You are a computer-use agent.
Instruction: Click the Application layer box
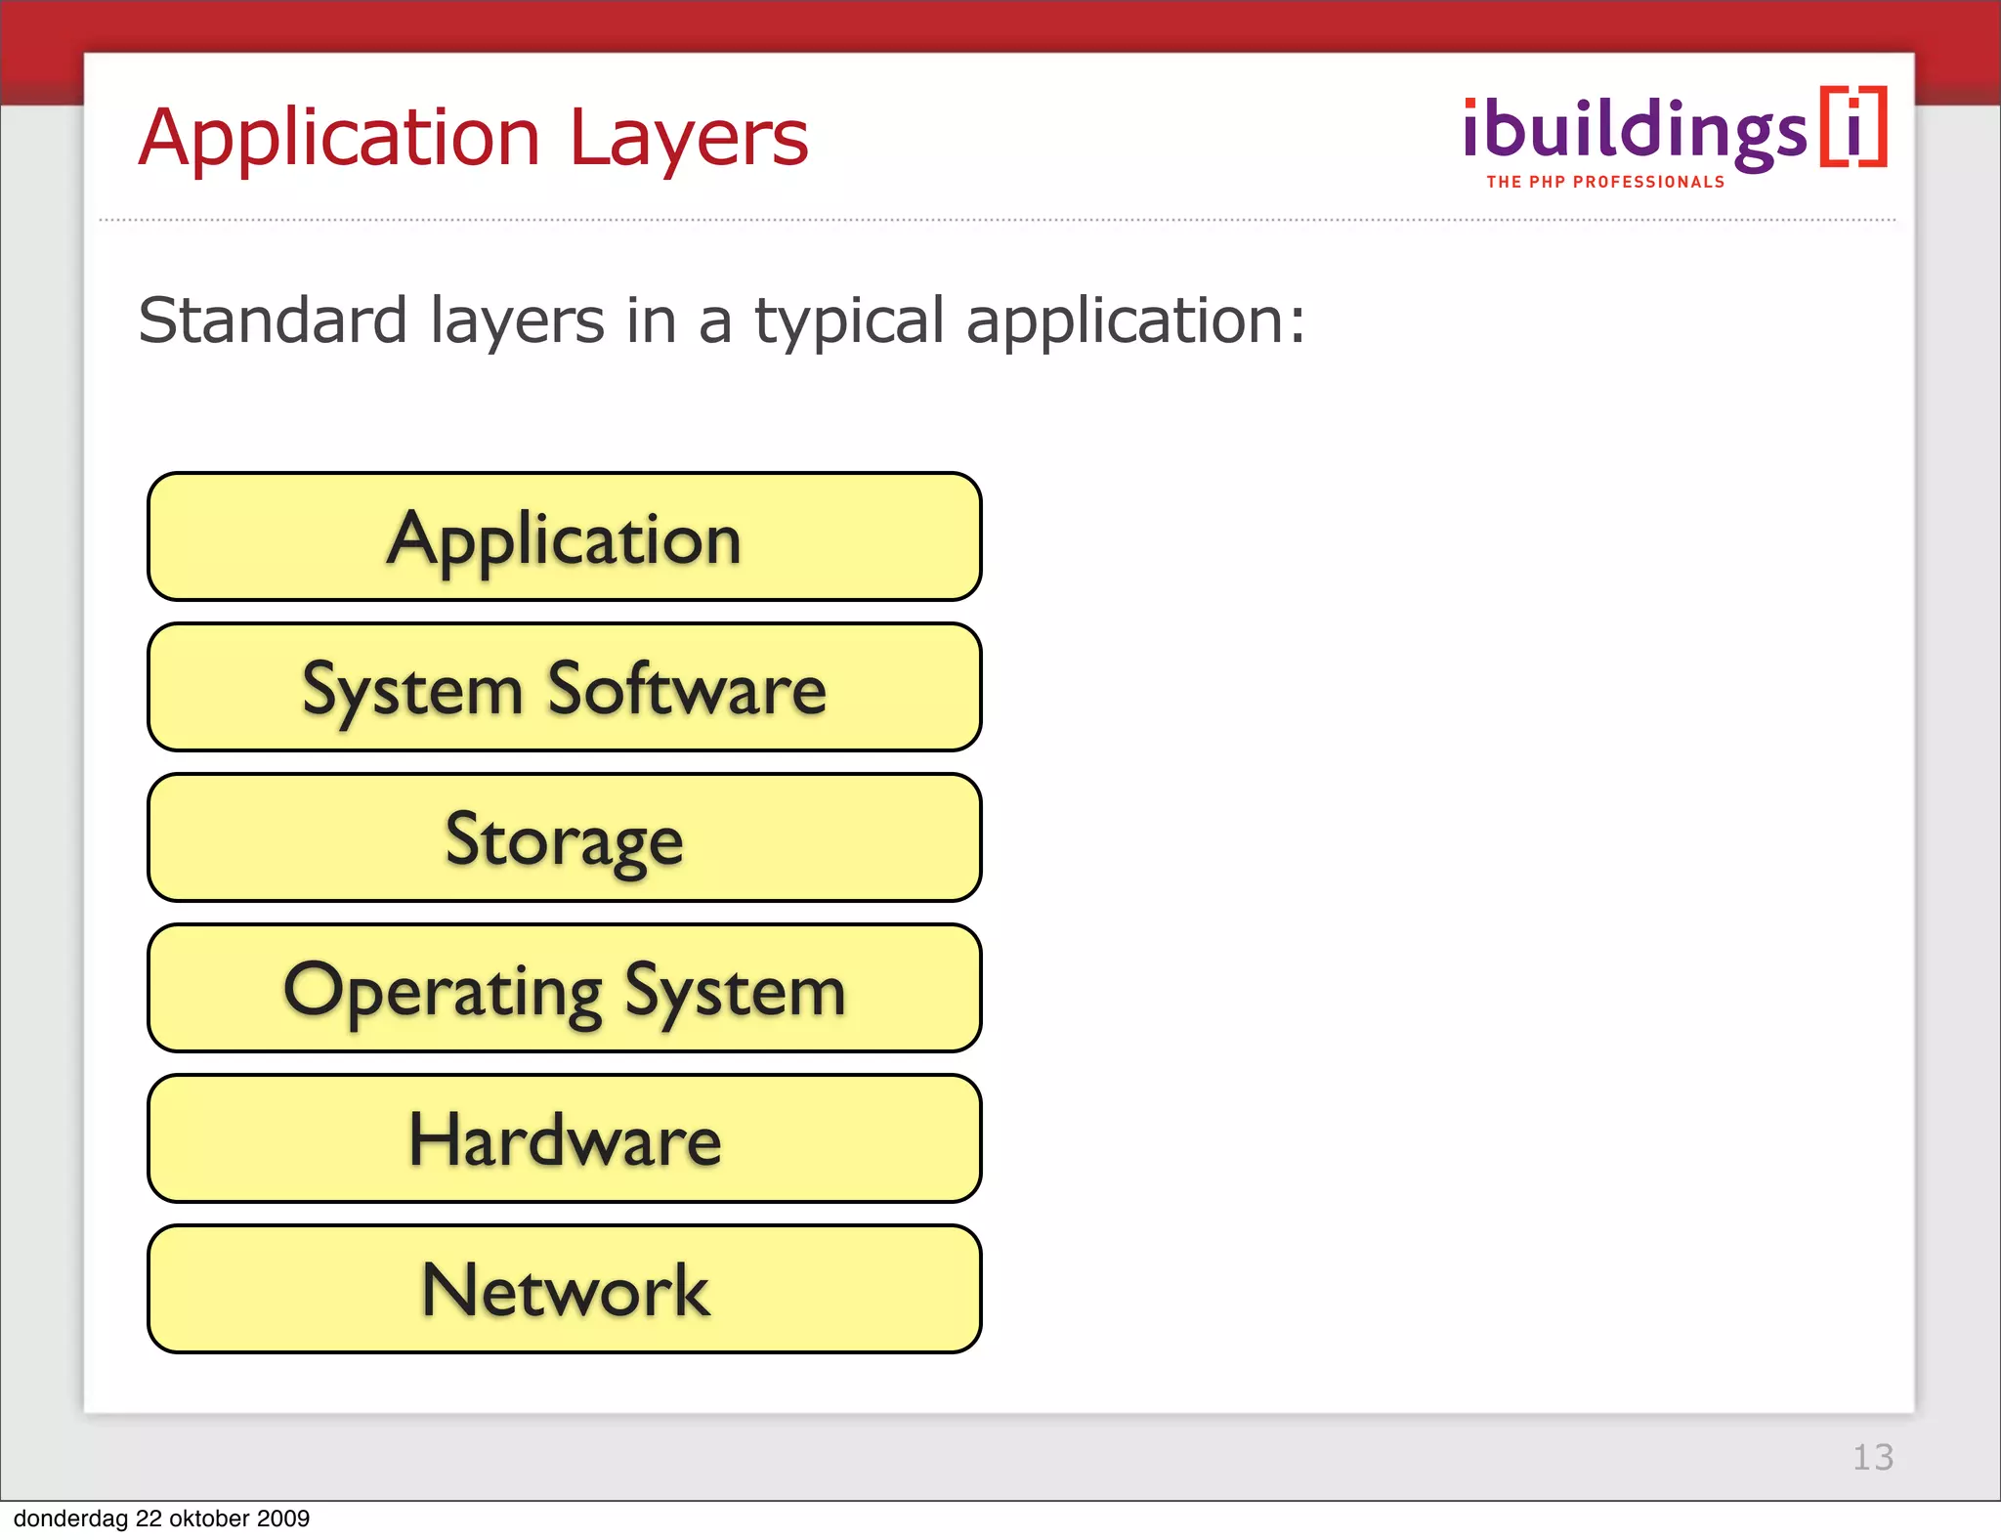(564, 537)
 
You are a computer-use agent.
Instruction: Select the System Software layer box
(564, 688)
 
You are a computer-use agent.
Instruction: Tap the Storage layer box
(564, 838)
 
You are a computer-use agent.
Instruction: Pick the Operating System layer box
(564, 989)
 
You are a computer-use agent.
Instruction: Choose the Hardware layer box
(564, 1139)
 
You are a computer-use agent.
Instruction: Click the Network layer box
(564, 1290)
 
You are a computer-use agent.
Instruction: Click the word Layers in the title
(689, 139)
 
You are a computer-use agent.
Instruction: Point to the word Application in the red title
(338, 139)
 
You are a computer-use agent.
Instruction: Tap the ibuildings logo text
(1635, 131)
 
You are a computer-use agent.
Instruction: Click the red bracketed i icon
(1853, 128)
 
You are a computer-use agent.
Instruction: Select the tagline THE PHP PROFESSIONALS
(1605, 182)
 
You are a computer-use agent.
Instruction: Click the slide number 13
(1873, 1457)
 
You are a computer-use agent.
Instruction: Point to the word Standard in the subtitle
(272, 321)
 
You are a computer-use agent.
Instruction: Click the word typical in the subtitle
(849, 322)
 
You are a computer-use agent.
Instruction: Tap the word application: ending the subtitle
(1134, 322)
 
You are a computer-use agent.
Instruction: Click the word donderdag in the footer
(71, 1519)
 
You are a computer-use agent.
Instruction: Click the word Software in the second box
(686, 688)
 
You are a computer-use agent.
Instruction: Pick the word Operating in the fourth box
(443, 991)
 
